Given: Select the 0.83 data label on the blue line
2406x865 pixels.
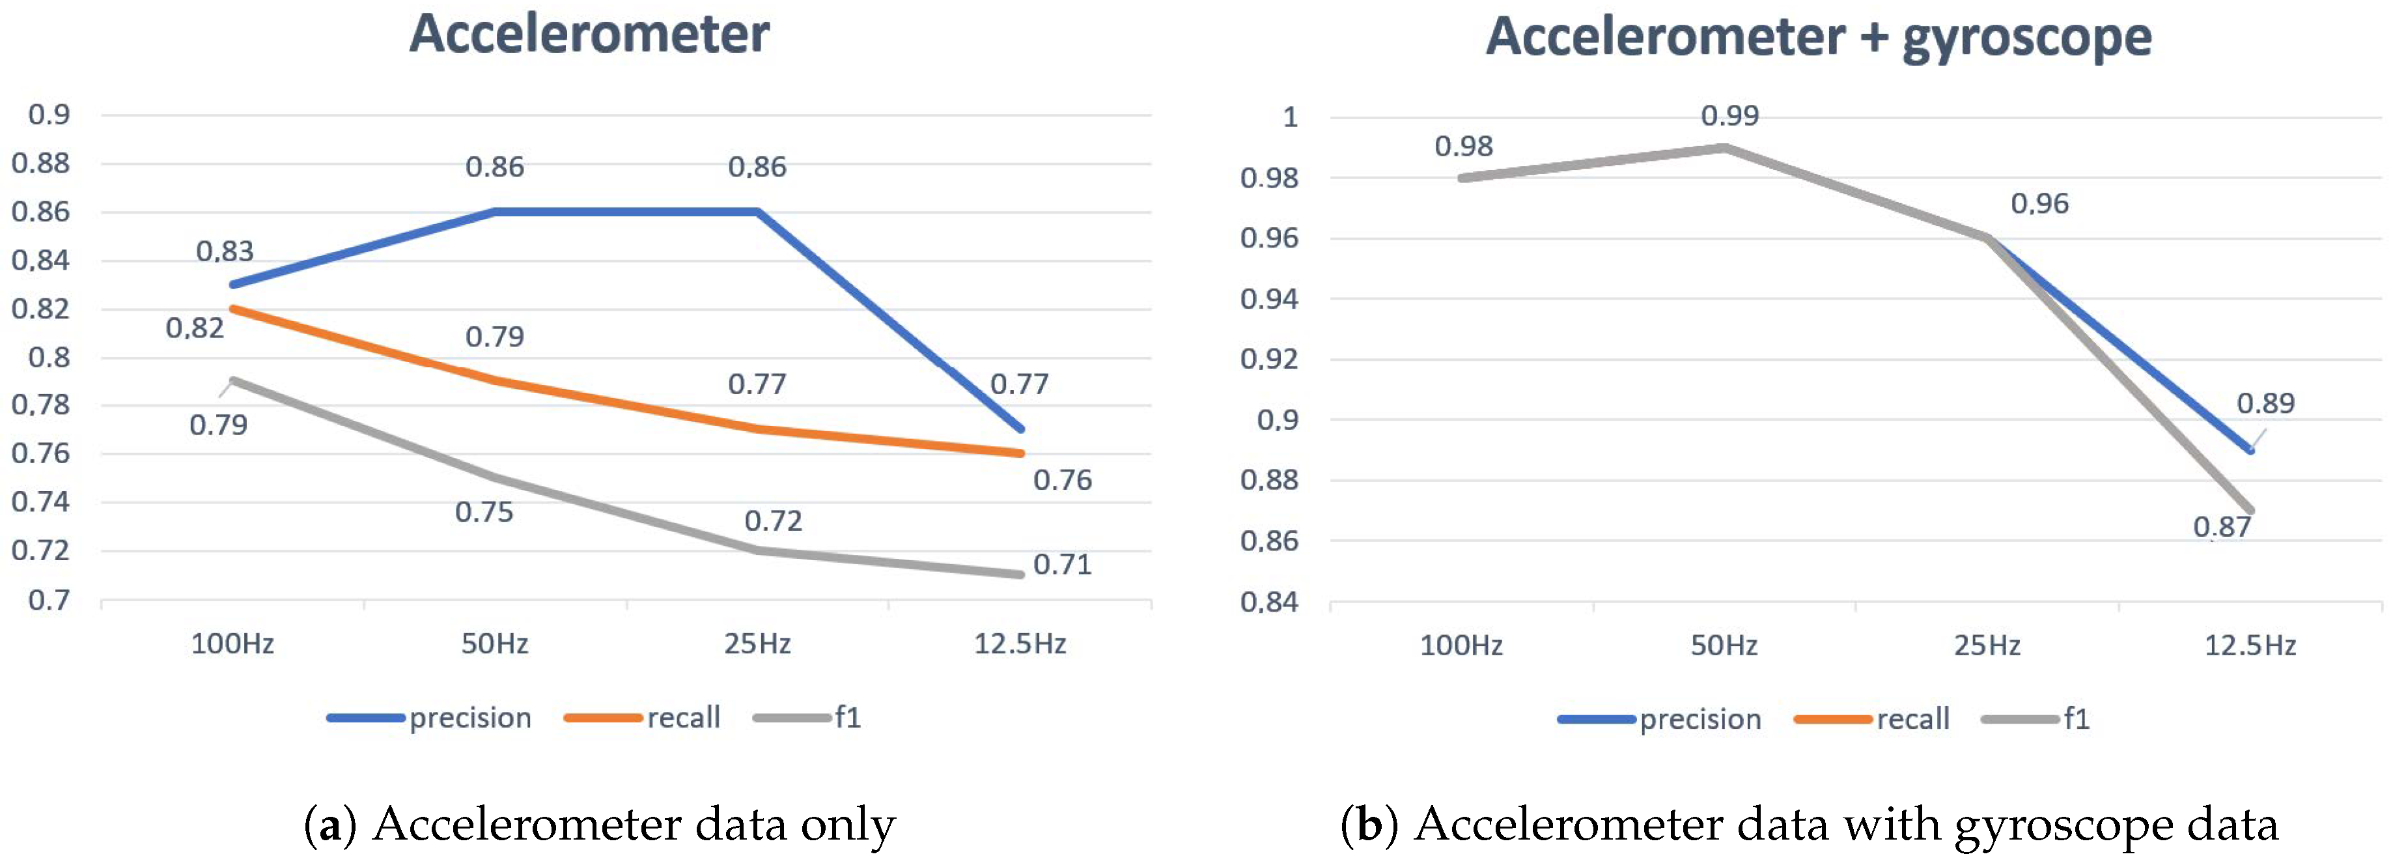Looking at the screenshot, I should point(224,251).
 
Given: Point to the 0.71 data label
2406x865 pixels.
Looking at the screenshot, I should point(1062,564).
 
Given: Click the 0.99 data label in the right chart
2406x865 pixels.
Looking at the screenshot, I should point(1729,116).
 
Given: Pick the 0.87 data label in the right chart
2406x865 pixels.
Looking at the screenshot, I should point(2221,527).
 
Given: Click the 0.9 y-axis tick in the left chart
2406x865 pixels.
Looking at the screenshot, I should point(49,114).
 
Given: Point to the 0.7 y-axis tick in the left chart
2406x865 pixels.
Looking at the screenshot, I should point(49,600).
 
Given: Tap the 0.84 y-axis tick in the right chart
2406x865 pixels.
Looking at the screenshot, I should point(1268,602).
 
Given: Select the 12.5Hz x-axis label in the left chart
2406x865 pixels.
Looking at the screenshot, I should point(1019,644).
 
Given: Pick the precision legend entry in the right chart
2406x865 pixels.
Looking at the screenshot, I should point(1700,719).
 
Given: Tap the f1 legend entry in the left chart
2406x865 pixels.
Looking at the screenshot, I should point(846,717).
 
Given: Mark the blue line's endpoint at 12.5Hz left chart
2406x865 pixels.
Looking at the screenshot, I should point(1021,429).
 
